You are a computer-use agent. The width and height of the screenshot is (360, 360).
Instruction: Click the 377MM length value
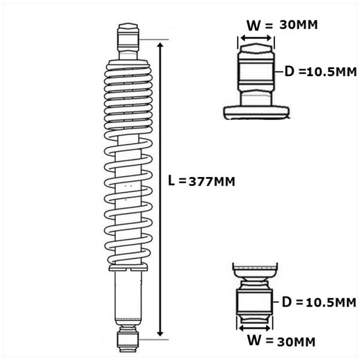(x=212, y=182)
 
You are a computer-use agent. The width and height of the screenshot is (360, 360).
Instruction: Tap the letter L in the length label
(x=171, y=180)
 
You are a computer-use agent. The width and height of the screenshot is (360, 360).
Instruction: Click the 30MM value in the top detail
(x=298, y=25)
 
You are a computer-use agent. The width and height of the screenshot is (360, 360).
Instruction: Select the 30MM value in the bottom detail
(x=296, y=342)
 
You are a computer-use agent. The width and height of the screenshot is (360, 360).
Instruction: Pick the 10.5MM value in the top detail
(x=332, y=73)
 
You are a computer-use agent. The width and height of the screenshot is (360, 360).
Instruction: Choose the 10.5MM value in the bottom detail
(x=331, y=302)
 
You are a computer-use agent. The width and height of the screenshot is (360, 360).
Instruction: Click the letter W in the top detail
(x=254, y=25)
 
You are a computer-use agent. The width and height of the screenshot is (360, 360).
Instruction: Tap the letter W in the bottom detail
(x=254, y=340)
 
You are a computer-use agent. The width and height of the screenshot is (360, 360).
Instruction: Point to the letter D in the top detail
(x=289, y=71)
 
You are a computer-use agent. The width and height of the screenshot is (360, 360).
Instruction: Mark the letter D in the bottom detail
(x=287, y=302)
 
